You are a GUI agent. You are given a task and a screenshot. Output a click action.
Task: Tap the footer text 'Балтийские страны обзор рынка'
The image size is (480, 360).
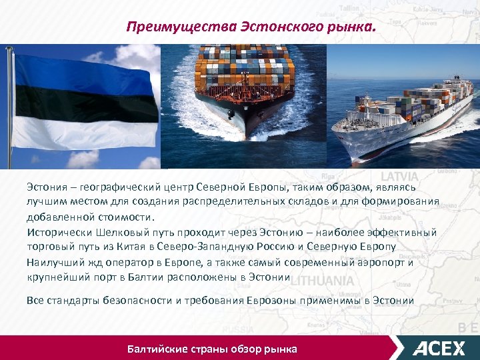pos(212,349)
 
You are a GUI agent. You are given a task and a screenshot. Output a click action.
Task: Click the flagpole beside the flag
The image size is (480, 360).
pos(8,107)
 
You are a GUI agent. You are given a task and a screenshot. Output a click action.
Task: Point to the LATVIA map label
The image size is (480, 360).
pos(399,177)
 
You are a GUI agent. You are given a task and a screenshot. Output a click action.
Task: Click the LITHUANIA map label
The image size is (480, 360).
pos(322,280)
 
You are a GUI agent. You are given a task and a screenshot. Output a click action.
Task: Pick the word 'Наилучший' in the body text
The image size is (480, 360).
pos(53,262)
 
